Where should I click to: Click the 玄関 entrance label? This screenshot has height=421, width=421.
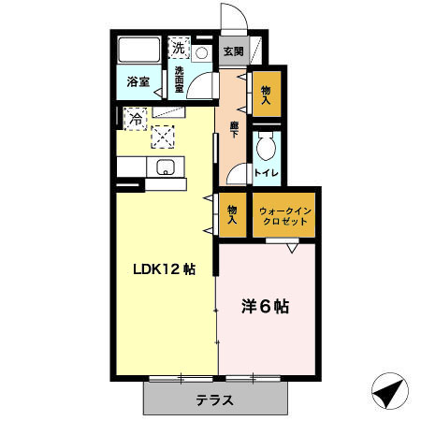pyautogui.click(x=231, y=51)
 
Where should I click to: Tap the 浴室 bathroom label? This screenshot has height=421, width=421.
pyautogui.click(x=138, y=81)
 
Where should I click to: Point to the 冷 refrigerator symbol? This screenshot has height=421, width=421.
pyautogui.click(x=136, y=119)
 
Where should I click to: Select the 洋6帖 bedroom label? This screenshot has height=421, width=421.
pyautogui.click(x=264, y=306)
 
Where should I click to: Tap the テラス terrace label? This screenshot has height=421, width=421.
pyautogui.click(x=215, y=400)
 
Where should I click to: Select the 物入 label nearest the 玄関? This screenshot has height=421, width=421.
pyautogui.click(x=265, y=94)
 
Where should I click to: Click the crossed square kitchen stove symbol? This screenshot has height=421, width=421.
pyautogui.click(x=165, y=136)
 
